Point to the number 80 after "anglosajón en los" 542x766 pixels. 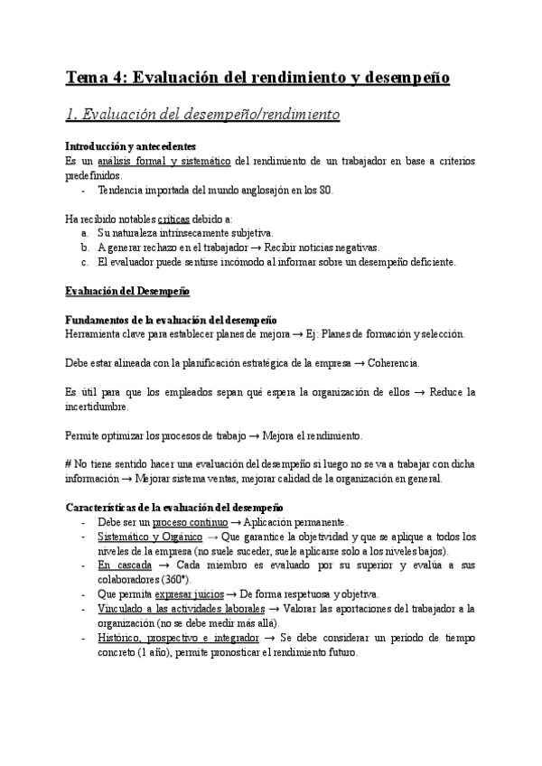point(326,191)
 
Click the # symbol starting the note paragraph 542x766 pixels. point(69,464)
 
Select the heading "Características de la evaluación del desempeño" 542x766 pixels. point(174,508)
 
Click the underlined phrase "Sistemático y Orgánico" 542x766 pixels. point(150,537)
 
